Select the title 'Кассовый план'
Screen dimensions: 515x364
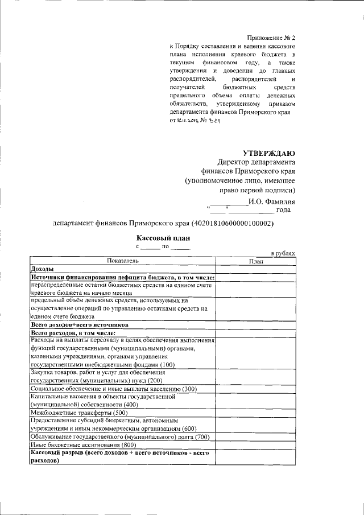162,238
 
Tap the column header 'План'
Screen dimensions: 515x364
256,261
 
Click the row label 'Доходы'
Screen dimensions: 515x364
43,269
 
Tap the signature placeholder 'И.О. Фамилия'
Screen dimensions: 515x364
271,201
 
